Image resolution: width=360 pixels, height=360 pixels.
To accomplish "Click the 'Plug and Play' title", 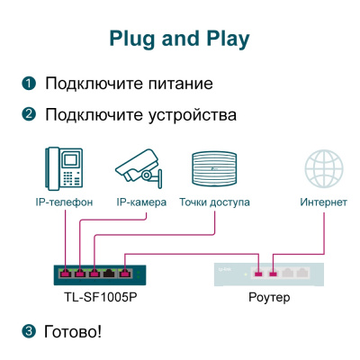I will [179, 39].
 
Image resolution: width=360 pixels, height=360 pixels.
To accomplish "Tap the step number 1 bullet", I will [29, 85].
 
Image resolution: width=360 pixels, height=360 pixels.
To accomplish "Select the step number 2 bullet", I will [29, 115].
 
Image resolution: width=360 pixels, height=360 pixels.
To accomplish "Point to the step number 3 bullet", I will [29, 331].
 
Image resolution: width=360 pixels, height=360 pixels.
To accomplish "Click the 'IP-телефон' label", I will [64, 202].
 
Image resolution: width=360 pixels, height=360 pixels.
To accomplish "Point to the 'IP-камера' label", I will [140, 202].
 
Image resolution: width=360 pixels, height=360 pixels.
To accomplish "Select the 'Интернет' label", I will [323, 202].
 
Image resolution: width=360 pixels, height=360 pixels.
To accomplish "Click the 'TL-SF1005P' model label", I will [94, 296].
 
